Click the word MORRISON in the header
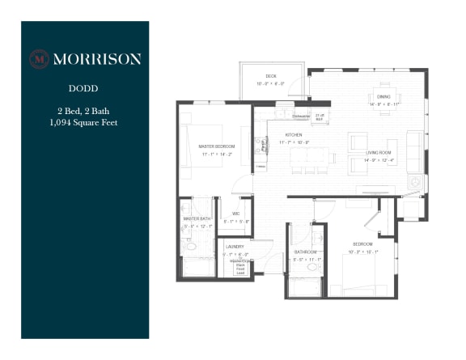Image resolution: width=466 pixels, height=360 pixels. (x=96, y=58)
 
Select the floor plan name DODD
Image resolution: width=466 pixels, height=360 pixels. (x=84, y=93)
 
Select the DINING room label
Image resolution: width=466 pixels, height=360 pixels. (x=384, y=96)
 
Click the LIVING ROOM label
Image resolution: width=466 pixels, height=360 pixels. (x=379, y=152)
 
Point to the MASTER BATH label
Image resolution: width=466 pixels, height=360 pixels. (x=197, y=219)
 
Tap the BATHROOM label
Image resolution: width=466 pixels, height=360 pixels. (x=305, y=252)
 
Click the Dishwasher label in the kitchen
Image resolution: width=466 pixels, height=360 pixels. (x=301, y=114)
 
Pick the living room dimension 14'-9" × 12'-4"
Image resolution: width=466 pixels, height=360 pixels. (x=379, y=159)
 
